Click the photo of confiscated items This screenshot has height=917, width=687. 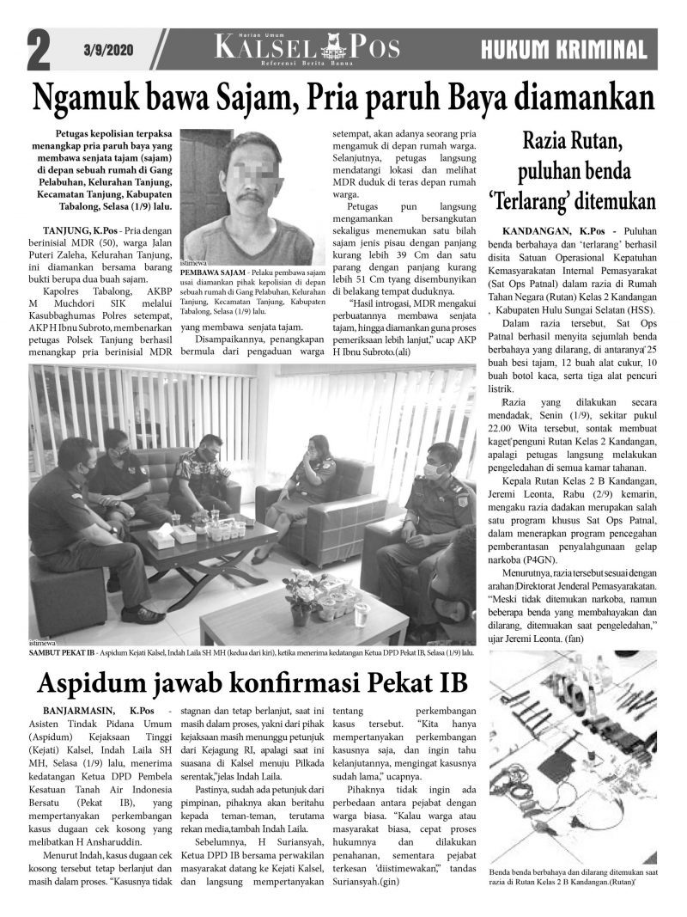(572, 756)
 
